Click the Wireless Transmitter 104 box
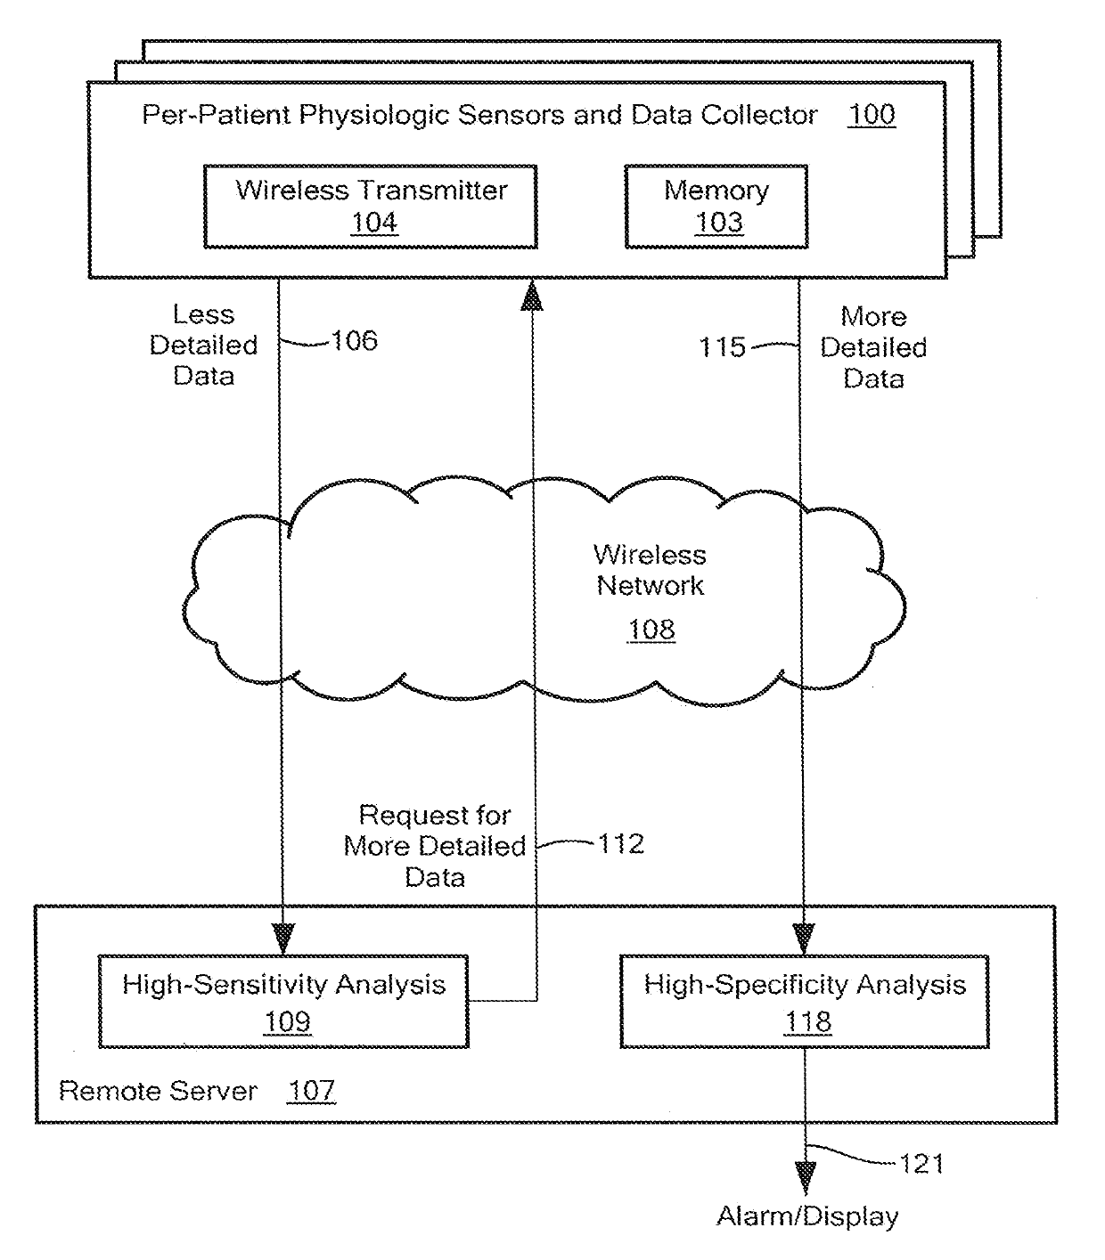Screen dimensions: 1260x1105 click(370, 207)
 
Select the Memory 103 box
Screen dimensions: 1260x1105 click(716, 207)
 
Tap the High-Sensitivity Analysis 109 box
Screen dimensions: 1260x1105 click(283, 1002)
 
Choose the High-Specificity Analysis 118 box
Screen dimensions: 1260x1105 click(805, 1002)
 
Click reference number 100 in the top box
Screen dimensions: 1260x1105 click(871, 115)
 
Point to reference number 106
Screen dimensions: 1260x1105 click(355, 341)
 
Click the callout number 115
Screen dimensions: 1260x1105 click(722, 347)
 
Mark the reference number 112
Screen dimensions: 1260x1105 click(620, 843)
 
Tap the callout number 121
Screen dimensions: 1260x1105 click(921, 1164)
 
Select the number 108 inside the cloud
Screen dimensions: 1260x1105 click(651, 630)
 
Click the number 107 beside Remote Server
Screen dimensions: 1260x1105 click(311, 1091)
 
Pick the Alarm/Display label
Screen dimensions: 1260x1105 click(807, 1216)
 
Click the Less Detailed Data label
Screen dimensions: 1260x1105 click(203, 345)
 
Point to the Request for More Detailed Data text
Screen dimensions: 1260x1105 click(435, 846)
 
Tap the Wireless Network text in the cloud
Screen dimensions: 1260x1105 click(651, 570)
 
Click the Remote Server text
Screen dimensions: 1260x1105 click(158, 1092)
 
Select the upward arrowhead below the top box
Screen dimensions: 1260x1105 click(533, 295)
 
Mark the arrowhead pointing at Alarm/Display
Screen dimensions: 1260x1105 click(806, 1178)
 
